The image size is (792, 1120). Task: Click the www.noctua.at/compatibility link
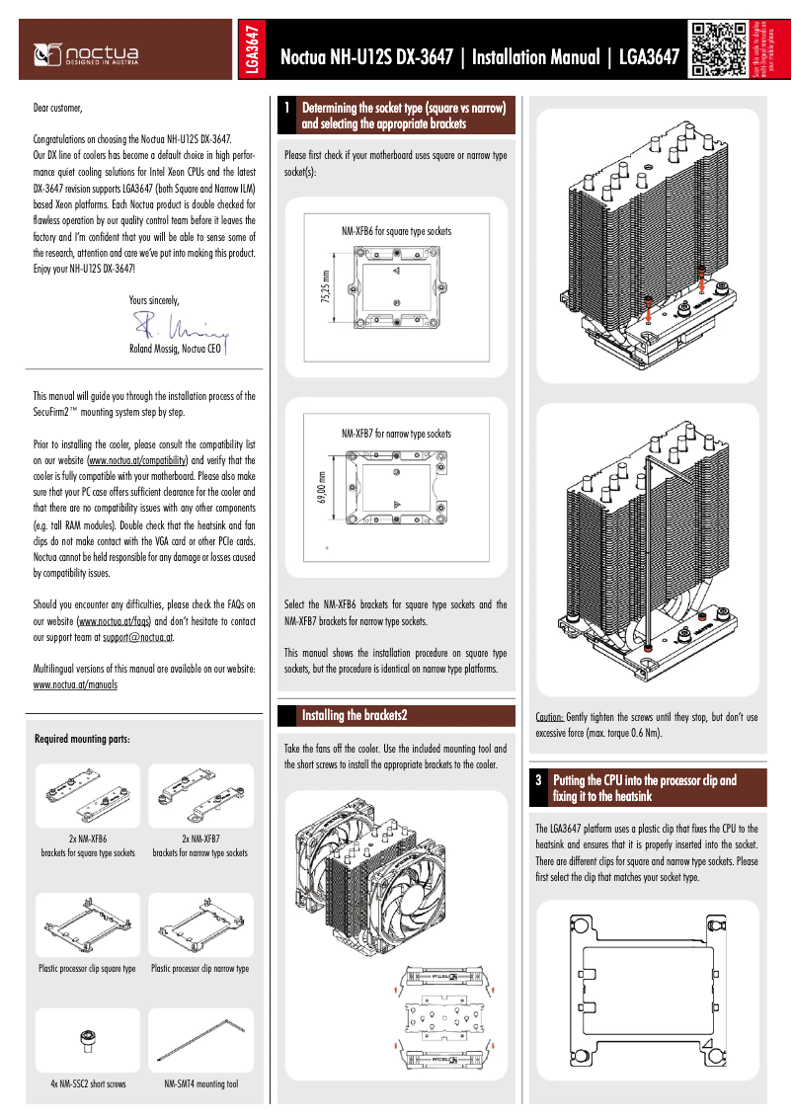coord(138,460)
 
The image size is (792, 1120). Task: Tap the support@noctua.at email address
coord(138,639)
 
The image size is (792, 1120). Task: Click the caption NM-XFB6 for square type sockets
coord(396,230)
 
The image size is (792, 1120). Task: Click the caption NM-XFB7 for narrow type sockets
coord(396,434)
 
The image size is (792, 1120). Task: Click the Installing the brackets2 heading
coord(355,715)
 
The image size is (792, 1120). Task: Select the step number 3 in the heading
coord(539,780)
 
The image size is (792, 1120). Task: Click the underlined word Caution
coord(549,717)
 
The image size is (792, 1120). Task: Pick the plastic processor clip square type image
coord(87,926)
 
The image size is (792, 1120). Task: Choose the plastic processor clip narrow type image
coord(200,926)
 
